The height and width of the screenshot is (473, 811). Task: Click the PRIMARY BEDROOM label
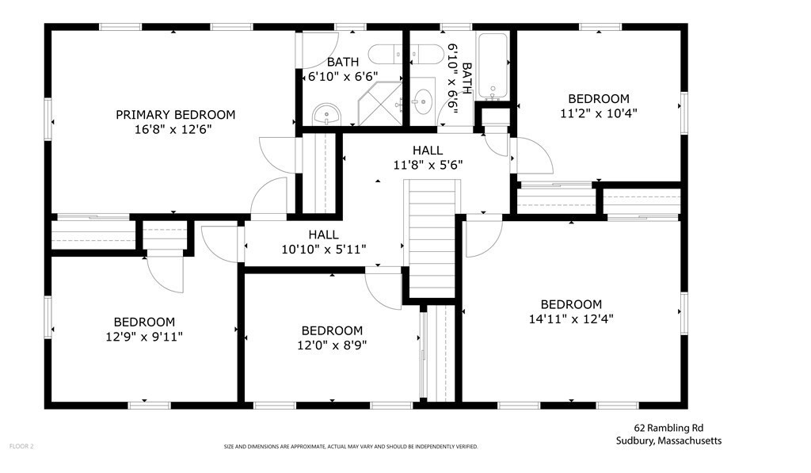[x=175, y=114]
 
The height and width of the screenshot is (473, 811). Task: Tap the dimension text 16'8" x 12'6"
[x=173, y=129]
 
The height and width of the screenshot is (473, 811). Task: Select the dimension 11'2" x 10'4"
[x=599, y=113]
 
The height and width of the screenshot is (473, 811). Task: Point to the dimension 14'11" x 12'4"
[x=571, y=319]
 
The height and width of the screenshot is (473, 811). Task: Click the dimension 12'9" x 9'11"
[x=144, y=337]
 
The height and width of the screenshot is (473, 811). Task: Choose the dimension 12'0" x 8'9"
[x=332, y=345]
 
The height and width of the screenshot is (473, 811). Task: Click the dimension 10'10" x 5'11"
[x=324, y=250]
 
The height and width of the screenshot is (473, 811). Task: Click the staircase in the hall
[x=432, y=238]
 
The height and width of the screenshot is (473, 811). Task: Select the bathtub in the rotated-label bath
[x=493, y=67]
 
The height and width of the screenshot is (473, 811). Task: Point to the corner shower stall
[x=380, y=104]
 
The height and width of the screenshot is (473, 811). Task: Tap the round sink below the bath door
[x=326, y=114]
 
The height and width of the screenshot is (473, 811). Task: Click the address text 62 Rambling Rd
[x=668, y=428]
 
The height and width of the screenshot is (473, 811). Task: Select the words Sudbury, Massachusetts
[x=668, y=441]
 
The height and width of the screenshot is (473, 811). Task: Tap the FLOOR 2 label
[x=21, y=446]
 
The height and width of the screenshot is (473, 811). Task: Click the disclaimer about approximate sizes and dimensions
[x=351, y=447]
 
